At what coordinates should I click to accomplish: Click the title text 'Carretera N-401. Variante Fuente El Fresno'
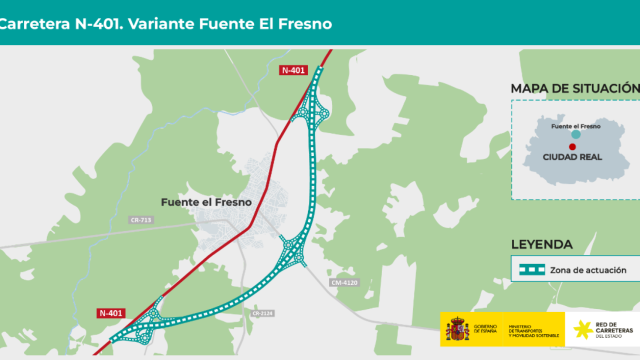pyautogui.click(x=165, y=21)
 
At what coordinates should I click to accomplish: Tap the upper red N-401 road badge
pyautogui.click(x=293, y=69)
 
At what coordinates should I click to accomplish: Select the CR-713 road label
pyautogui.click(x=141, y=220)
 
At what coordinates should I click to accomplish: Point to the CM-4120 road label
pyautogui.click(x=343, y=283)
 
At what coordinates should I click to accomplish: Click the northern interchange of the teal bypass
pyautogui.click(x=319, y=109)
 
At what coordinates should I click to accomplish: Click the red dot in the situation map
pyautogui.click(x=572, y=147)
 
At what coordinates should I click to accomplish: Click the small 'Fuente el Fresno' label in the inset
pyautogui.click(x=575, y=126)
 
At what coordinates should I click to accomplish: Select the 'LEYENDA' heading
pyautogui.click(x=541, y=243)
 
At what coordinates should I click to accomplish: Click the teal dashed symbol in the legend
pyautogui.click(x=530, y=270)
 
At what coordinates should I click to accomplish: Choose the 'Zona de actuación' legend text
pyautogui.click(x=588, y=270)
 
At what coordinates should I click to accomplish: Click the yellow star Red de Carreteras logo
pyautogui.click(x=580, y=329)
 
